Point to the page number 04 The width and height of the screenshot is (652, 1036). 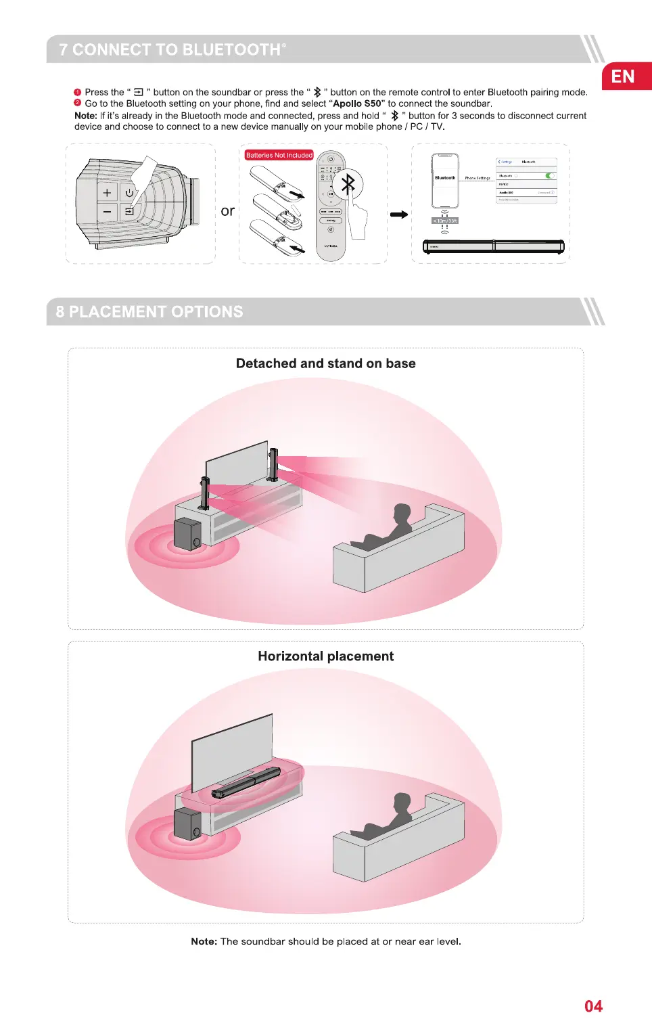click(x=593, y=1006)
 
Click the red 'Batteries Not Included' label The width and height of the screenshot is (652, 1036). click(x=279, y=155)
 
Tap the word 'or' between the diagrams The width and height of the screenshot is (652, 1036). click(x=228, y=211)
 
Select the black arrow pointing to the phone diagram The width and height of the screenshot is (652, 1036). click(x=399, y=215)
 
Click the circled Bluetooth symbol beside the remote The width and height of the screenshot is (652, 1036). click(x=348, y=184)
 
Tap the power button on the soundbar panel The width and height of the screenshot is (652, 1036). click(x=129, y=193)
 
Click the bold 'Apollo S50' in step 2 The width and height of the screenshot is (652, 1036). click(x=357, y=104)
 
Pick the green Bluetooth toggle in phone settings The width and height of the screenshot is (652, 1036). click(x=550, y=176)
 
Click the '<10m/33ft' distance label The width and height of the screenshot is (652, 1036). click(x=445, y=221)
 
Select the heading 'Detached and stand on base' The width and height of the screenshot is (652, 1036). click(x=325, y=363)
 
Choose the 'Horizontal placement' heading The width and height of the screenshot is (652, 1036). click(x=325, y=656)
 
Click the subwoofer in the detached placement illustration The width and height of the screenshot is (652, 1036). click(x=187, y=534)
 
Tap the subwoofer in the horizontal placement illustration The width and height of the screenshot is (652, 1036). click(x=187, y=824)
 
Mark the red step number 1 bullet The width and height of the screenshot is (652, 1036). click(x=78, y=92)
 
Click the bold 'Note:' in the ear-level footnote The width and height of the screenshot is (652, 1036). click(x=204, y=941)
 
